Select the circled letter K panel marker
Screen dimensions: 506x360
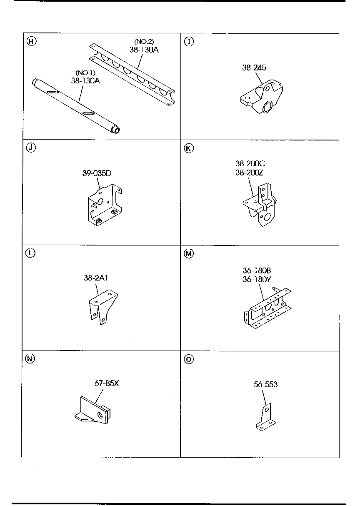[x=189, y=148]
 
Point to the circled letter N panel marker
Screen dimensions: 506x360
[x=30, y=359]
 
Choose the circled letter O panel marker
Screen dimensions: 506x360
[x=189, y=359]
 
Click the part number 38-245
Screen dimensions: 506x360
[x=254, y=68]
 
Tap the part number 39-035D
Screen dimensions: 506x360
[x=97, y=173]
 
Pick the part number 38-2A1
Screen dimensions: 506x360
[x=96, y=278]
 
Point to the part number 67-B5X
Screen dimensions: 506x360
[x=107, y=383]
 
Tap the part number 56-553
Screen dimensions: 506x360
[x=265, y=384]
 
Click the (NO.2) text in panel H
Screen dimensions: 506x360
[x=144, y=41]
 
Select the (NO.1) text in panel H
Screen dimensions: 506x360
[x=85, y=73]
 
